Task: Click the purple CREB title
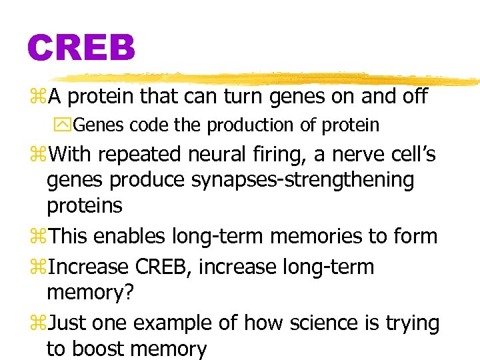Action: (x=81, y=49)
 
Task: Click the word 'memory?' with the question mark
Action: (x=85, y=293)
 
